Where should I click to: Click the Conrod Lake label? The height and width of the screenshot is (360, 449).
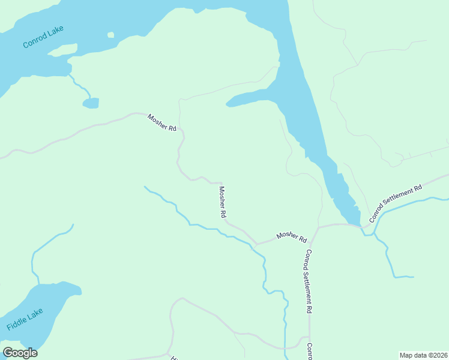[43, 37]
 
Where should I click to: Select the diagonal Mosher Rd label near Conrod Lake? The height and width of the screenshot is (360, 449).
[162, 123]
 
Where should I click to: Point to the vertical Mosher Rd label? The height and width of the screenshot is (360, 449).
[222, 202]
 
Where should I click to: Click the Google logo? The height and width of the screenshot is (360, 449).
[20, 352]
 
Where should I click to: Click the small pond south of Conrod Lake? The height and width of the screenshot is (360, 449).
[91, 103]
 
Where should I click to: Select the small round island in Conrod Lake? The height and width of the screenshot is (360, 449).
[110, 35]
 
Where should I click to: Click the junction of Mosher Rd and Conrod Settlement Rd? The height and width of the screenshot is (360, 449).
[318, 228]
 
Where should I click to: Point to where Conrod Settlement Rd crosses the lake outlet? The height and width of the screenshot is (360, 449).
[362, 226]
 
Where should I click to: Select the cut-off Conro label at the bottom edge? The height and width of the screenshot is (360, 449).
[310, 351]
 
